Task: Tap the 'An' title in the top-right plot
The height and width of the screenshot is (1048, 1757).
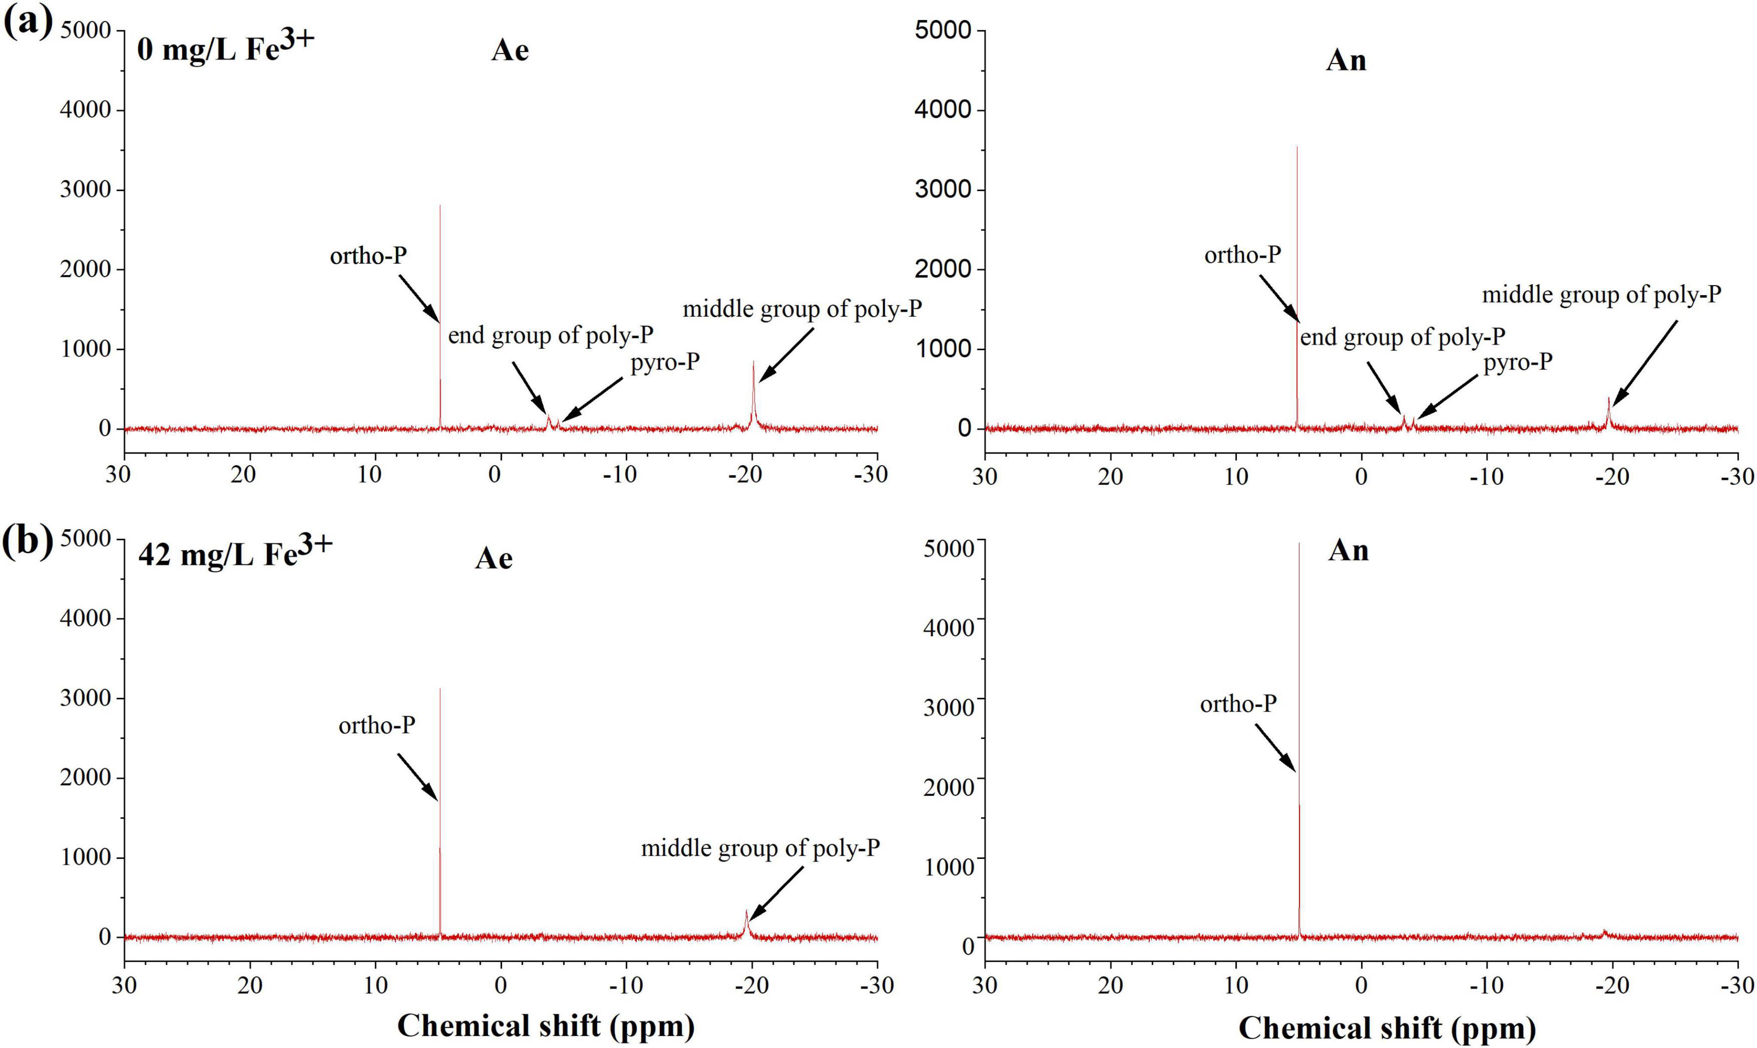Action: (x=1346, y=61)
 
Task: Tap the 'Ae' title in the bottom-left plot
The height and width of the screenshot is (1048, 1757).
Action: (x=493, y=559)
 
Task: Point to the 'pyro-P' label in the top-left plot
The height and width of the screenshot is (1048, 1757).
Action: (x=665, y=362)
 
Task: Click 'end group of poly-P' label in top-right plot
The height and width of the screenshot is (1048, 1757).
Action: (x=1402, y=337)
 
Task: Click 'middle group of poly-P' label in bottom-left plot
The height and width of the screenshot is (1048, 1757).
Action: (x=760, y=847)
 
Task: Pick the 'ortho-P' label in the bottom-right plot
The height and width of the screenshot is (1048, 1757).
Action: (x=1238, y=703)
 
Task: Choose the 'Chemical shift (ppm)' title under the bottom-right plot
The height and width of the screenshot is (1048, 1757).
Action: (x=1387, y=1027)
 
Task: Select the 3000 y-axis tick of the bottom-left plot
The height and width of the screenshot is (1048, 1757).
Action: (x=85, y=698)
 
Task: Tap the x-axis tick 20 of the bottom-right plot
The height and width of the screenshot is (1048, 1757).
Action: (x=1110, y=985)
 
